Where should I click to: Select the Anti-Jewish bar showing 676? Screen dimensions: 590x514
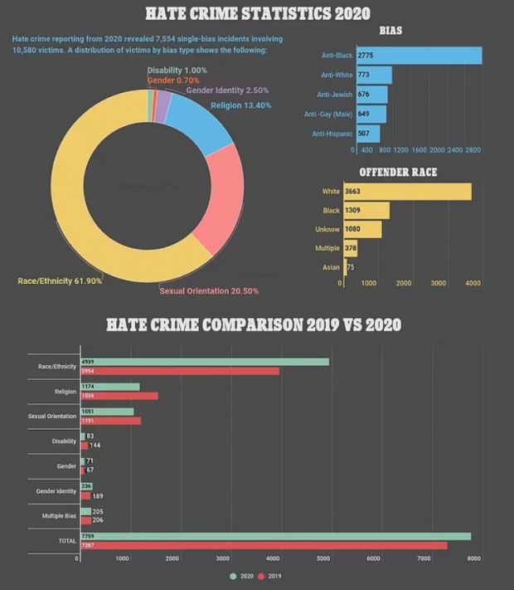pos(371,95)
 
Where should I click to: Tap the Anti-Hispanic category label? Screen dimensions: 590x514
pos(331,134)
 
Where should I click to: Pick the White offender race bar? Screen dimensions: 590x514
pos(407,192)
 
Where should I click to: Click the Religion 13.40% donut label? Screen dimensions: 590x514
pos(240,105)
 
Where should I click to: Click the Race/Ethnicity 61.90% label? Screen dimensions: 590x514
pos(60,281)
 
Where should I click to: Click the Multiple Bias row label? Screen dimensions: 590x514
pos(57,516)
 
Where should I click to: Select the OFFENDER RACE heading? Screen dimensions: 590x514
pos(397,173)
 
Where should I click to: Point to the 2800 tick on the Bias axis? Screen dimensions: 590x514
pos(473,151)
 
